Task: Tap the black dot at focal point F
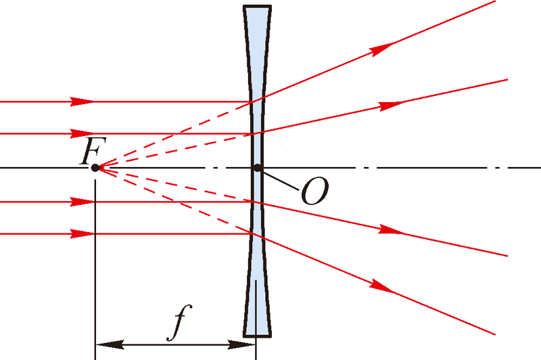pos(95,167)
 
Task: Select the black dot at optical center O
pos(256,167)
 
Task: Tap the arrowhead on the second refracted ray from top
pos(391,105)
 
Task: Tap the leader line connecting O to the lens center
pos(280,180)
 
